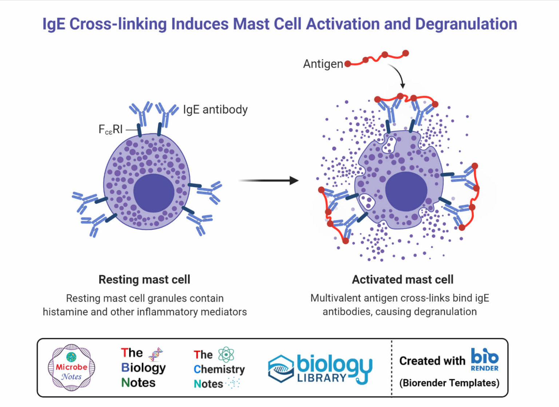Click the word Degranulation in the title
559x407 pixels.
click(466, 24)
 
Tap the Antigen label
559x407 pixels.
click(323, 64)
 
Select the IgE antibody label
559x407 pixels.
click(215, 110)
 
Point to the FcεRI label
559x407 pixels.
click(111, 130)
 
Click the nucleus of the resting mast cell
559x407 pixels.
click(154, 193)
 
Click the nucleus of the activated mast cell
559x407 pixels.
click(406, 191)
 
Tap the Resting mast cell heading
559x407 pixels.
click(144, 280)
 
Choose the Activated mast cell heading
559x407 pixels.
click(403, 280)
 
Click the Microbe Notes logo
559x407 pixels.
click(71, 368)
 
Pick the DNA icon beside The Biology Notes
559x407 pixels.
click(155, 354)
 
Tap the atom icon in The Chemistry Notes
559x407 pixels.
click(226, 354)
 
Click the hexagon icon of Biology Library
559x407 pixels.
click(281, 369)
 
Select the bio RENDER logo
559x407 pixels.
click(484, 360)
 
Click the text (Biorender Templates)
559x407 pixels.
click(449, 383)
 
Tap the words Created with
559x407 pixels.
click(432, 361)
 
